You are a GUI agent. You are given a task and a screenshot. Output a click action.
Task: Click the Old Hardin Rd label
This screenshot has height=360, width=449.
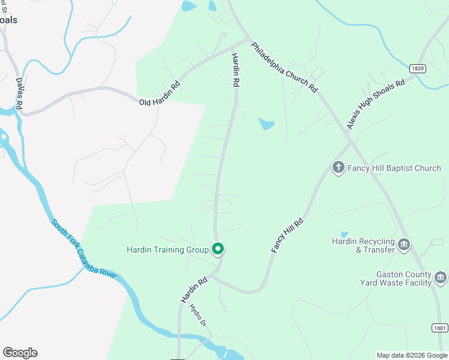point(160,95)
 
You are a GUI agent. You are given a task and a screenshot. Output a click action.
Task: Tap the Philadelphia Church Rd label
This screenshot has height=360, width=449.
point(284,66)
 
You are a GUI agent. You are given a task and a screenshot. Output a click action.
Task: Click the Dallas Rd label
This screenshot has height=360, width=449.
point(19,94)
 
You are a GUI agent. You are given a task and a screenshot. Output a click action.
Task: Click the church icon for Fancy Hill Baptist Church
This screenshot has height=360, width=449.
point(338,167)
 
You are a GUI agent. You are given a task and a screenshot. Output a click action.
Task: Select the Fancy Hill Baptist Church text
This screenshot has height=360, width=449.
point(394,168)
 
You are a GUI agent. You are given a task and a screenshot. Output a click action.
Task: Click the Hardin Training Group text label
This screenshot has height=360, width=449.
point(167,250)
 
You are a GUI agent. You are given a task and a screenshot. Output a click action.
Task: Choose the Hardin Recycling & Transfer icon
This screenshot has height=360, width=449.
point(404,244)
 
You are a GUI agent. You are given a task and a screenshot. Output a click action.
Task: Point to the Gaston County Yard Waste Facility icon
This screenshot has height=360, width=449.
point(441,277)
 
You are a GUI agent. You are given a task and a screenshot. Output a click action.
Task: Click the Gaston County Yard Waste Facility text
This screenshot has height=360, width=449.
point(396,278)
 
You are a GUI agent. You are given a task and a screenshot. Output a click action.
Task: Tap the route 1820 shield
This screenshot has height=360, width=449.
point(418,69)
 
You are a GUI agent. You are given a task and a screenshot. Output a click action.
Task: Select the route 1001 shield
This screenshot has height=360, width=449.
point(439,328)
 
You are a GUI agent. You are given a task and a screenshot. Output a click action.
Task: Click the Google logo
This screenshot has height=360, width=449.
point(20,353)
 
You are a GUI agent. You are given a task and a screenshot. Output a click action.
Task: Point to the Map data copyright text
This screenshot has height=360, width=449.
point(412,355)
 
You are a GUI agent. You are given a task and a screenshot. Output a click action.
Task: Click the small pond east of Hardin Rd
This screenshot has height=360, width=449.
point(267,124)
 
